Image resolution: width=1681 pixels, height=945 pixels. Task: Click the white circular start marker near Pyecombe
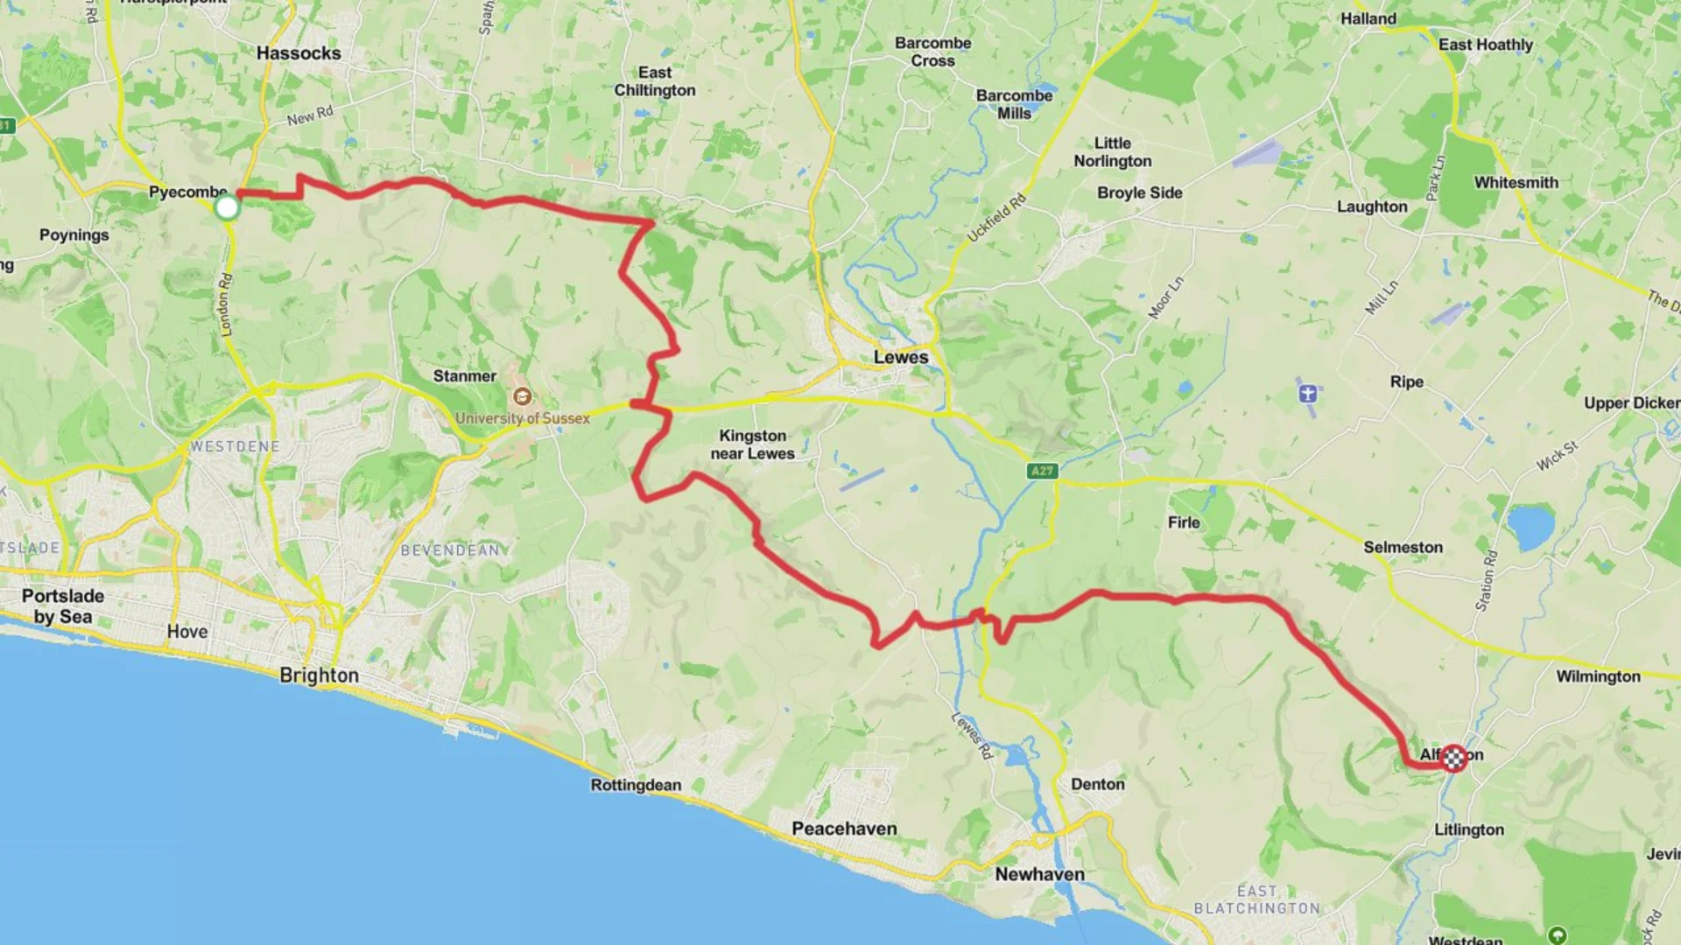pyautogui.click(x=227, y=207)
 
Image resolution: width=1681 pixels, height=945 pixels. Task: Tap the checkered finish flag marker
pyautogui.click(x=1453, y=758)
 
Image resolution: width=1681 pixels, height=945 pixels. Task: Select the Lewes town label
pyautogui.click(x=900, y=357)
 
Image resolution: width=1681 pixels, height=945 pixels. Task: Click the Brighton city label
pyautogui.click(x=319, y=675)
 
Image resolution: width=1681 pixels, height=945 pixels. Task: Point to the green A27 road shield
pyautogui.click(x=1042, y=471)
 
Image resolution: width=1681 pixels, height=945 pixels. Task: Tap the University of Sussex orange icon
pyautogui.click(x=522, y=396)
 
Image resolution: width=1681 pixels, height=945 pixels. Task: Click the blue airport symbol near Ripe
pyautogui.click(x=1307, y=393)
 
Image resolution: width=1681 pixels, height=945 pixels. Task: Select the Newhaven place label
pyautogui.click(x=1039, y=874)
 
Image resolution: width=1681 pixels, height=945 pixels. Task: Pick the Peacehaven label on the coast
pyautogui.click(x=844, y=829)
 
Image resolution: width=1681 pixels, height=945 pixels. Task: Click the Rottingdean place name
pyautogui.click(x=636, y=785)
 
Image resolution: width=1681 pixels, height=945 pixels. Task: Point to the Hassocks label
pyautogui.click(x=299, y=53)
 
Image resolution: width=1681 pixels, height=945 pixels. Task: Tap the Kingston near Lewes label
pyautogui.click(x=752, y=444)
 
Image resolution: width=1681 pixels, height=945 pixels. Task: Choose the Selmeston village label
pyautogui.click(x=1403, y=547)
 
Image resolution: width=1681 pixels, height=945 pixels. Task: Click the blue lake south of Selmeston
pyautogui.click(x=1530, y=526)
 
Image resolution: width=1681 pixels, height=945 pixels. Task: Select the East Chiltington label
pyautogui.click(x=654, y=81)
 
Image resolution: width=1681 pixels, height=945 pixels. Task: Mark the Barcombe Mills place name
pyautogui.click(x=1014, y=104)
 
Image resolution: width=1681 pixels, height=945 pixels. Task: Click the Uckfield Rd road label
pyautogui.click(x=995, y=219)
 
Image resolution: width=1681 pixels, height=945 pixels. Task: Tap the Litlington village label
pyautogui.click(x=1468, y=829)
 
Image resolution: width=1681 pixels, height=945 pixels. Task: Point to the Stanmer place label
pyautogui.click(x=464, y=376)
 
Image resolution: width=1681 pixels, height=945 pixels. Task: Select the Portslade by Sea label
pyautogui.click(x=63, y=605)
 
